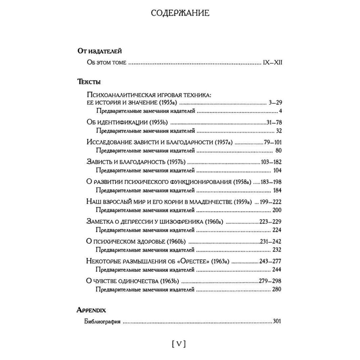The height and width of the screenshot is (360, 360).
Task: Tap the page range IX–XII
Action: tap(272, 63)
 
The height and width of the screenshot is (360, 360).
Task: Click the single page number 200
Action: tap(276, 211)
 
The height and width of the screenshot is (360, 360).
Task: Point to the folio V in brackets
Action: tap(179, 344)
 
